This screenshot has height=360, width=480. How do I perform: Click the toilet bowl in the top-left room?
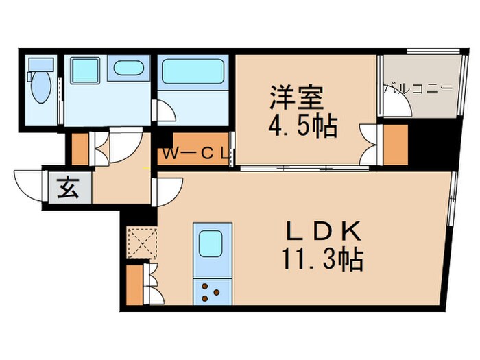tap(40, 88)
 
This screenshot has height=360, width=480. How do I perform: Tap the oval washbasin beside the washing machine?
tap(129, 69)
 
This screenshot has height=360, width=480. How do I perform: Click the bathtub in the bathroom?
tap(193, 71)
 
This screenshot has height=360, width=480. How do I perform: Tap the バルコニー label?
tap(417, 88)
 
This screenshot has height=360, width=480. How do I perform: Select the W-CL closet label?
tap(195, 154)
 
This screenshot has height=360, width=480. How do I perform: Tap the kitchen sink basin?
tap(211, 243)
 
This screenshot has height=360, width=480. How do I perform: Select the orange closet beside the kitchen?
tap(134, 284)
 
